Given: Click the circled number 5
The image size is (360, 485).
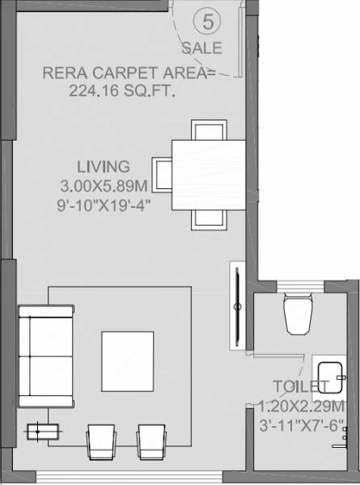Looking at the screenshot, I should coord(209,22).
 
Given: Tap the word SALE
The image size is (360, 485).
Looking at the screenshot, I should coord(207,48).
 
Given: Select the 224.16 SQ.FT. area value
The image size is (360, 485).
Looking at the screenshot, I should coord(123,92).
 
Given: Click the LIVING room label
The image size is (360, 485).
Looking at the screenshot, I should coord(103,167).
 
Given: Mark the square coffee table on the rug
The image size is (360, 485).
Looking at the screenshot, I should coord(127,361).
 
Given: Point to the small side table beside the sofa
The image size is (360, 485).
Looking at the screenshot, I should coord(39,432).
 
